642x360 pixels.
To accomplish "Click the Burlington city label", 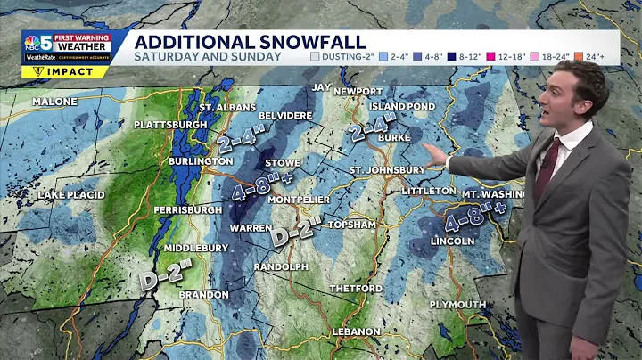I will pyautogui.click(x=201, y=161).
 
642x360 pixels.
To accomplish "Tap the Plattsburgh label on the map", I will pyautogui.click(x=170, y=125).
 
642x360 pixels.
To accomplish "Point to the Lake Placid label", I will pyautogui.click(x=71, y=194).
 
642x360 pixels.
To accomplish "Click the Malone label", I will pyautogui.click(x=54, y=102).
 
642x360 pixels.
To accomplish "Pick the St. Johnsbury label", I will pyautogui.click(x=386, y=169).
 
